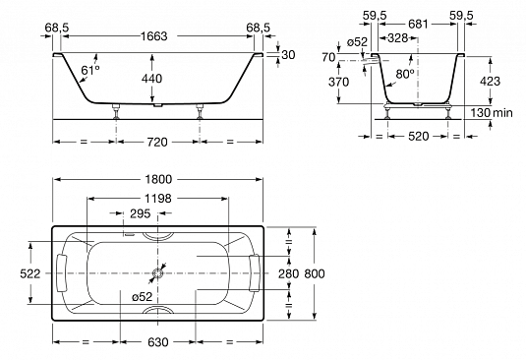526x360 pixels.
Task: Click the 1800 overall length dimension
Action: pos(158,179)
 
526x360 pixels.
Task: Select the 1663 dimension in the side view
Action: pos(153,36)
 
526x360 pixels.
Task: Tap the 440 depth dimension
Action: pos(151,79)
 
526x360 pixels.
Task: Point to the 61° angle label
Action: pos(90,70)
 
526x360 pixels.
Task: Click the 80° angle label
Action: pos(405,74)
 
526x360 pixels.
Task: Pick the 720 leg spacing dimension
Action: pos(157,143)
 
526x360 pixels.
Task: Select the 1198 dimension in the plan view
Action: pos(157,199)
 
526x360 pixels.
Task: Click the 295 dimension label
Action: pos(141,213)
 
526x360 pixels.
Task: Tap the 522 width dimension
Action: pos(30,273)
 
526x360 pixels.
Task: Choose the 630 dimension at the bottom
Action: pos(157,342)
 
